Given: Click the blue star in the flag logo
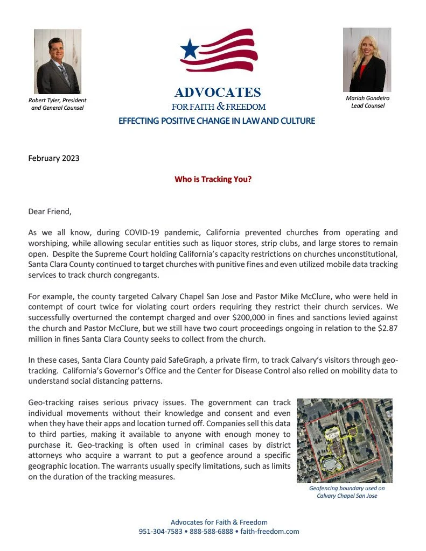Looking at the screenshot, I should coord(190,50).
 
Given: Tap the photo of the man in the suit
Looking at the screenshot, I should coord(57,62).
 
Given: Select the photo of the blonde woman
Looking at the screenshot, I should coord(367,60).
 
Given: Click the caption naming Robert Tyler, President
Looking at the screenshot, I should coord(57,100).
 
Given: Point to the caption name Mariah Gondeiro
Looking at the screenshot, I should coord(368,98).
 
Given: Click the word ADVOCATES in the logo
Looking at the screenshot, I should coord(218,93).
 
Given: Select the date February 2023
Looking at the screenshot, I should coord(54,158).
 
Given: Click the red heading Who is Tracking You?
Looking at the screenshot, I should coord(213,179).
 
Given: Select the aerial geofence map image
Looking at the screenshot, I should coord(345,440).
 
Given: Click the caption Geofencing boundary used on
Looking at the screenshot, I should coord(347,488).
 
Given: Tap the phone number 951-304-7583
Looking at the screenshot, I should coord(160,531).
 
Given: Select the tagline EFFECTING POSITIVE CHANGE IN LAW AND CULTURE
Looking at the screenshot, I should coord(217,121).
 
